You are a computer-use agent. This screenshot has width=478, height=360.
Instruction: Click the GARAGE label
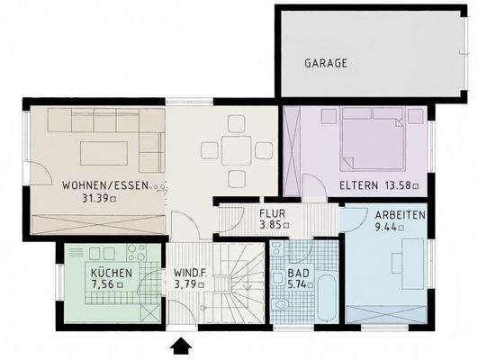[x=325, y=64]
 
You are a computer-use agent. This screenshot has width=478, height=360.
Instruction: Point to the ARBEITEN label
[x=400, y=216]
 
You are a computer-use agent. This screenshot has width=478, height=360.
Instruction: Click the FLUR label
[x=272, y=213]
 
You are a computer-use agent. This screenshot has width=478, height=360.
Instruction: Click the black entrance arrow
[x=181, y=345]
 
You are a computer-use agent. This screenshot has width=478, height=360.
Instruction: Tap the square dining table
[x=238, y=149]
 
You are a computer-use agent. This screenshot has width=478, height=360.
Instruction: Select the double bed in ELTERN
[x=371, y=139]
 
